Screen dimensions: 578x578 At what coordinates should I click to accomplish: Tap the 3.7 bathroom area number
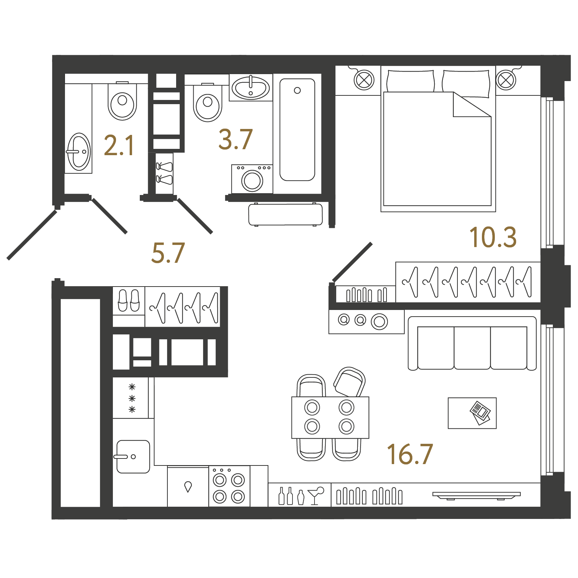236,139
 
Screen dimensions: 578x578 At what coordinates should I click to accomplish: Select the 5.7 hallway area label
168,253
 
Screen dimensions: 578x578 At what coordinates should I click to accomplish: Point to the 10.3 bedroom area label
493,237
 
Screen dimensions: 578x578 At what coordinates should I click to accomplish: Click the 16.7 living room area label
410,454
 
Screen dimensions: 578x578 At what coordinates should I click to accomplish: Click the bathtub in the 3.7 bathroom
297,130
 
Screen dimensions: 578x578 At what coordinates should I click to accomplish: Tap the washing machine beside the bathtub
252,179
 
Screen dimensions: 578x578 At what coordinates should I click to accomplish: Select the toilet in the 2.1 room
122,101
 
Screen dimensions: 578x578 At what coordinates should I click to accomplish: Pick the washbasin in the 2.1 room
79,152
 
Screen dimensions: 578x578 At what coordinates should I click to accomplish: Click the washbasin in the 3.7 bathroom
251,88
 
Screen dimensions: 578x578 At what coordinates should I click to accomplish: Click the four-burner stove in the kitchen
229,486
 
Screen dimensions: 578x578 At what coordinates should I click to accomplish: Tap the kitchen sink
133,456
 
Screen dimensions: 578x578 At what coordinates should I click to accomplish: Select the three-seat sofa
472,343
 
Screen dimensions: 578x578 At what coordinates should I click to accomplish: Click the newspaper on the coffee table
481,413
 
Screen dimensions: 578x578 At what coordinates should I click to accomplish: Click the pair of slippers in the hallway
129,300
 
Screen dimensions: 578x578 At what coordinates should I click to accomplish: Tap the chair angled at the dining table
349,382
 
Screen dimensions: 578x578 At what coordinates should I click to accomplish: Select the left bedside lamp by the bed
364,80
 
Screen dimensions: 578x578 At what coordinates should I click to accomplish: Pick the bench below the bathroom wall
286,215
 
